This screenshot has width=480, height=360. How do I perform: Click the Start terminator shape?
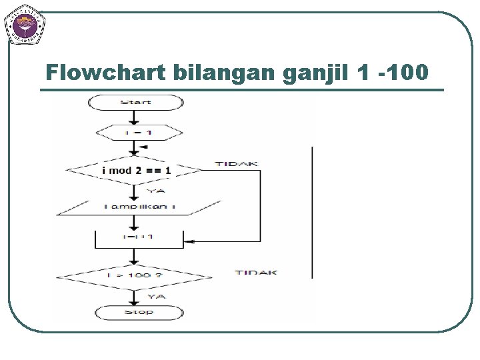(135, 102)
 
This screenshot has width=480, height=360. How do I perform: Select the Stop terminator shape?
(139, 312)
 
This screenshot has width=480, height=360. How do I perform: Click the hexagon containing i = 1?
(139, 133)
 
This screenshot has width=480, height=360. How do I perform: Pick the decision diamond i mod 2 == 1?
(136, 170)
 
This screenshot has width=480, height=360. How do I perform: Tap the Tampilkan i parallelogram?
(139, 207)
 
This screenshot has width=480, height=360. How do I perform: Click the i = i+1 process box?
(139, 237)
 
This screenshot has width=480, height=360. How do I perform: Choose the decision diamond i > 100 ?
(135, 275)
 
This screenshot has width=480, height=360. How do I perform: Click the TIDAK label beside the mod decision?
(237, 163)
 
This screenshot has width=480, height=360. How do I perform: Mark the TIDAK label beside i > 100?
(256, 273)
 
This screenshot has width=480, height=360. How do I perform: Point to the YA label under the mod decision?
(155, 190)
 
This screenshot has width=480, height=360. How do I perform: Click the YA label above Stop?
(156, 296)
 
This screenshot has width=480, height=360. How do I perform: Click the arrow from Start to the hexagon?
(135, 117)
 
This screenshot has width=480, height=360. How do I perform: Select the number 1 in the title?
(361, 72)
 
